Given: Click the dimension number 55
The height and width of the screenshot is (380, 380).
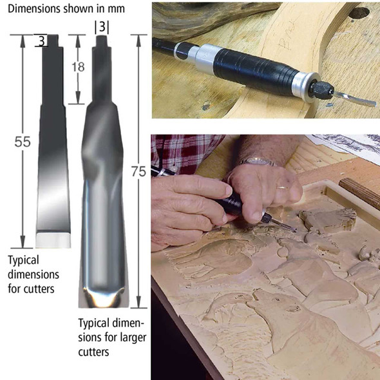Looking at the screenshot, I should pyautogui.click(x=23, y=142).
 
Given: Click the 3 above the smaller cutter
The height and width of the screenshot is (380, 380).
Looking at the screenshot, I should pyautogui.click(x=41, y=41).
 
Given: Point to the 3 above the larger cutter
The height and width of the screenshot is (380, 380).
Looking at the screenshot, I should pyautogui.click(x=101, y=28).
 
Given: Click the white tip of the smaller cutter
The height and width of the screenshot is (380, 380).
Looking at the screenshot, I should pyautogui.click(x=53, y=240).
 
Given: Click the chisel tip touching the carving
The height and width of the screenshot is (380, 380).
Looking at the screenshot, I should pyautogui.click(x=292, y=228).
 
